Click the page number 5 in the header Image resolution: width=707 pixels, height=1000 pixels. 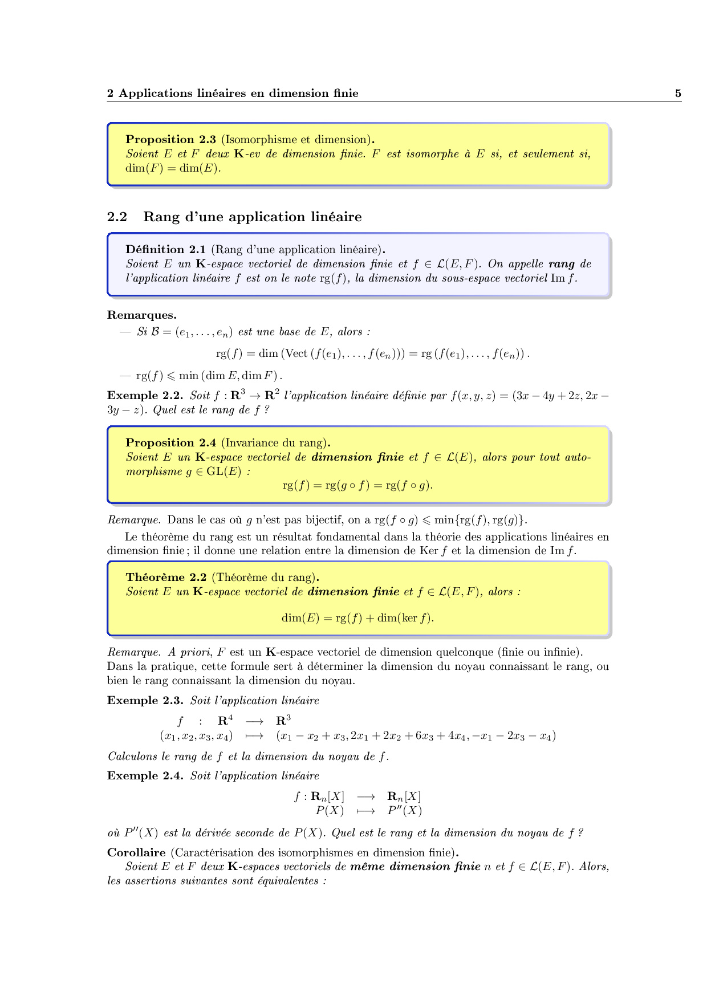tap(678, 94)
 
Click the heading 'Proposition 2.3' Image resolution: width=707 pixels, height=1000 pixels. tap(170, 140)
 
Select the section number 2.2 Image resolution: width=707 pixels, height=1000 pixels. tap(117, 217)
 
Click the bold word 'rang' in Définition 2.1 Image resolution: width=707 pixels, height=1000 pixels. tap(562, 264)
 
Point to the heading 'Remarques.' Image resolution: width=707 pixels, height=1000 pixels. tap(141, 315)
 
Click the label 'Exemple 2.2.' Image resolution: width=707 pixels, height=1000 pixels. tap(145, 396)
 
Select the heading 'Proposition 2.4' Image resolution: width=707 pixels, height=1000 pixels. tap(170, 443)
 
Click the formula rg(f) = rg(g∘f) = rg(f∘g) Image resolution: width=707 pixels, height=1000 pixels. tap(357, 486)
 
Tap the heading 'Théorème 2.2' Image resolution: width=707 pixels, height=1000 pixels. tap(162, 578)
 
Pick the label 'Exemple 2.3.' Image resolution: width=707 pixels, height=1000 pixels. tap(145, 701)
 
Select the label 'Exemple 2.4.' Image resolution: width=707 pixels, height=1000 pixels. tap(145, 776)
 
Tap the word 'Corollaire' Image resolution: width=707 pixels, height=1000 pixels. tap(136, 853)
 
